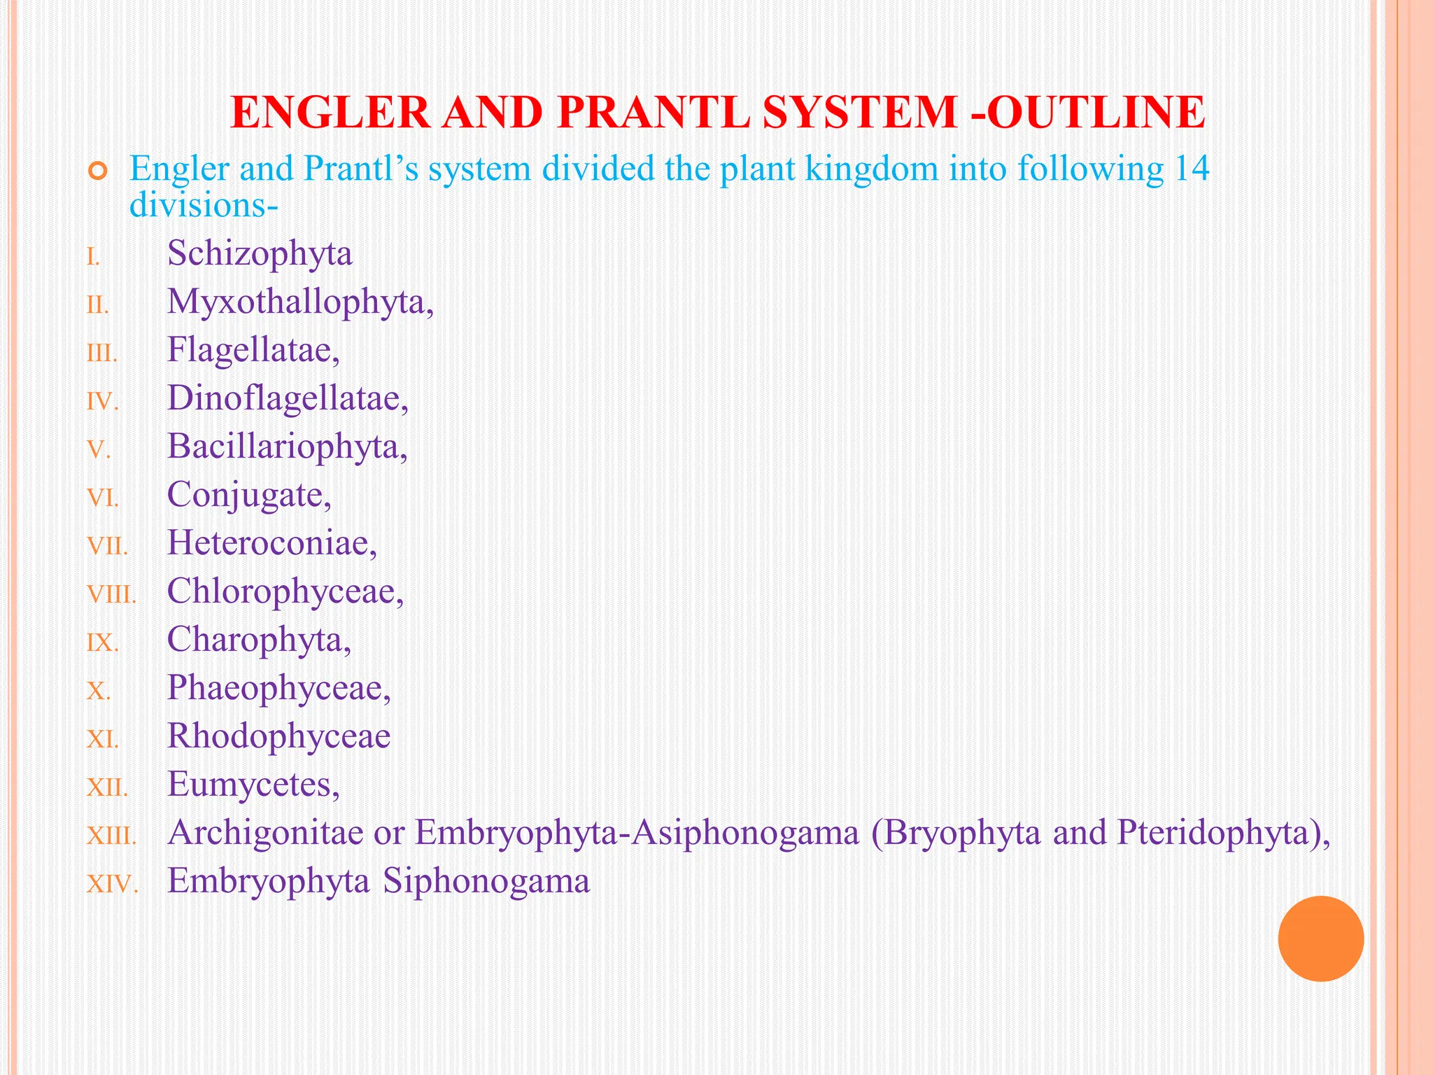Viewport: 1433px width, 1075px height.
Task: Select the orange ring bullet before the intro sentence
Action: pyautogui.click(x=98, y=171)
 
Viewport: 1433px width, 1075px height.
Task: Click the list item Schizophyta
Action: pyautogui.click(x=260, y=254)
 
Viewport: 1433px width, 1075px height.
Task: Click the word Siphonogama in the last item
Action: pyautogui.click(x=486, y=881)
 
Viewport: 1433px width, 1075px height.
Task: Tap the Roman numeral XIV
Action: pyautogui.click(x=112, y=885)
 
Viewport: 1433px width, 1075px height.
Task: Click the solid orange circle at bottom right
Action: pyautogui.click(x=1320, y=939)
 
